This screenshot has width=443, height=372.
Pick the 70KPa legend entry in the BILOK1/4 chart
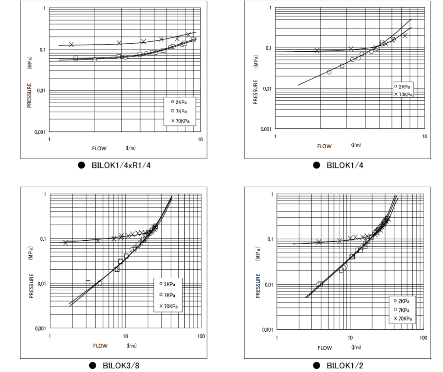pyautogui.click(x=404, y=95)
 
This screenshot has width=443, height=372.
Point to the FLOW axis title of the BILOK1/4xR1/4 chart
pyautogui.click(x=99, y=148)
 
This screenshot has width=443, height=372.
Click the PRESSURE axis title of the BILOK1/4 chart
pyautogui.click(x=255, y=91)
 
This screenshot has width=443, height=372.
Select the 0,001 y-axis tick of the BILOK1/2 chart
pyautogui.click(x=267, y=330)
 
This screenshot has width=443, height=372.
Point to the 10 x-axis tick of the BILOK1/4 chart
pyautogui.click(x=424, y=137)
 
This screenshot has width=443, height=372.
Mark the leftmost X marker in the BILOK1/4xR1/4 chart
pyautogui.click(x=71, y=44)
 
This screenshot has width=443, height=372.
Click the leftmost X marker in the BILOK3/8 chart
pyautogui.click(x=66, y=243)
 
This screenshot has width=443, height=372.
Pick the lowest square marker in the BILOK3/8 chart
pyautogui.click(x=88, y=283)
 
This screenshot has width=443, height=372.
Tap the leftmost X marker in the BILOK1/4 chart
pyautogui.click(x=317, y=51)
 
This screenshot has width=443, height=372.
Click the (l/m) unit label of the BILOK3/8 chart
pyautogui.click(x=132, y=345)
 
